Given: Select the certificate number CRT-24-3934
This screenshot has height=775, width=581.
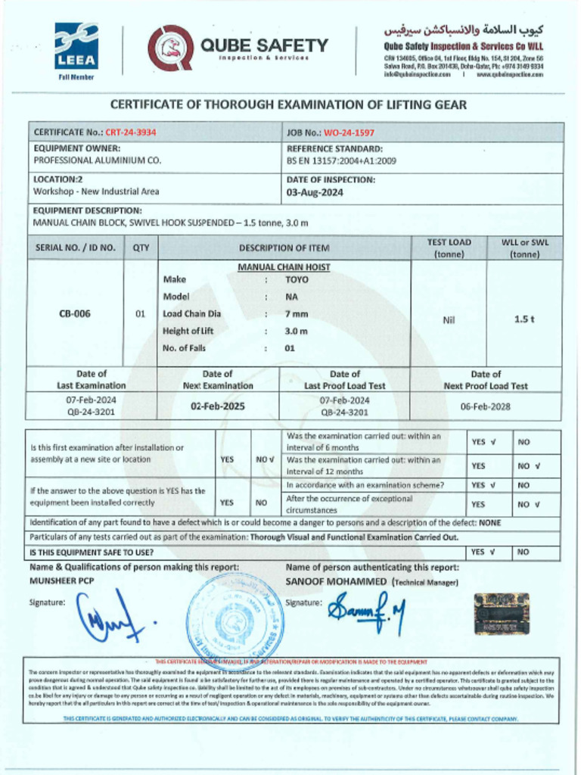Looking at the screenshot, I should pos(130,132).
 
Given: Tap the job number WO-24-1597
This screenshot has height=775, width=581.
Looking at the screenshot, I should pos(349,132).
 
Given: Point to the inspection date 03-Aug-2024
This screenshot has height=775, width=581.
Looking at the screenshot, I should pos(315,192).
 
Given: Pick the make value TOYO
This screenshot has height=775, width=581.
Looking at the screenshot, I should pos(297,279).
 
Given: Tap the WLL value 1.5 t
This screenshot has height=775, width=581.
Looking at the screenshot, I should pos(524,319).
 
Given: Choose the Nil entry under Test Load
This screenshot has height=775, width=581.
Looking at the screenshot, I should pos(449,320).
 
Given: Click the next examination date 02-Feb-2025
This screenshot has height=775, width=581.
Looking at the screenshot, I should pos(217,406).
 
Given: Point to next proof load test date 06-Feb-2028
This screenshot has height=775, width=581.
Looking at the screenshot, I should pos(486,406).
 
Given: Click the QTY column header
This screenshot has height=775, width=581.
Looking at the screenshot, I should pos(141,247).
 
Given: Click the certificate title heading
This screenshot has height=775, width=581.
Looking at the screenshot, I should pos(289,104).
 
